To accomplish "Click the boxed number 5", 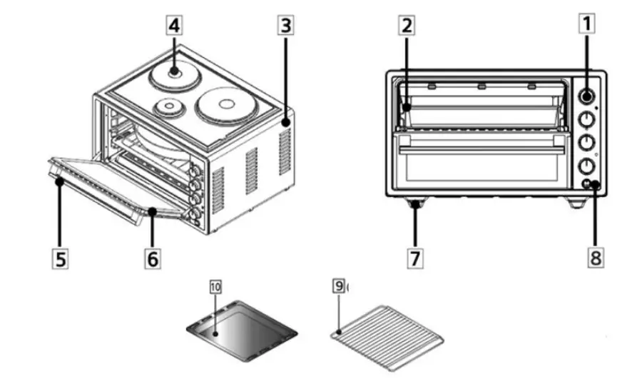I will [x=62, y=257].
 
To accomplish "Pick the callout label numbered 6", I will [x=153, y=257].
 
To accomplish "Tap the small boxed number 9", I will [x=338, y=286].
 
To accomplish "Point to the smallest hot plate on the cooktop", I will [x=169, y=108].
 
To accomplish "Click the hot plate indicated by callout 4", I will [x=173, y=73].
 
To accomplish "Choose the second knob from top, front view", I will [x=586, y=119].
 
